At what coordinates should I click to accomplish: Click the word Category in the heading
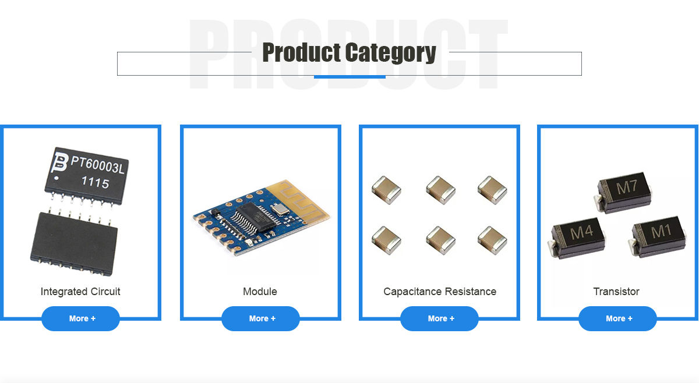391,53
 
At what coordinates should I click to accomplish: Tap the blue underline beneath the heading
349,76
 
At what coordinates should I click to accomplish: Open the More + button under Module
260,318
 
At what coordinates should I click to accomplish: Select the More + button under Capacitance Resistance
439,318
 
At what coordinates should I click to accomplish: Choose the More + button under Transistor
617,318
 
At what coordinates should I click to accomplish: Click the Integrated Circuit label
80,292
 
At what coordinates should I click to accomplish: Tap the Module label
260,292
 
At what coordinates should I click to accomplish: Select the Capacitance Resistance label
440,292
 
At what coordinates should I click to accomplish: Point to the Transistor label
616,292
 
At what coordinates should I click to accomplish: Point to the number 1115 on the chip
94,183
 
